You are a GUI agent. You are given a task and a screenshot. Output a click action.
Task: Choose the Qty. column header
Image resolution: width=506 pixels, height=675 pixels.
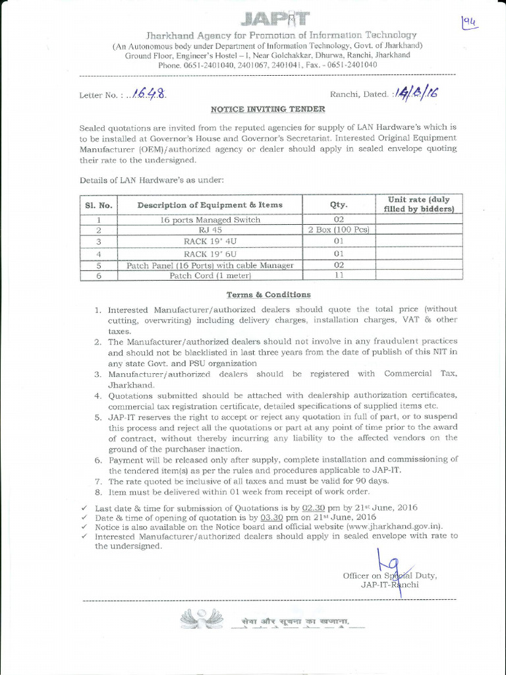click(339, 205)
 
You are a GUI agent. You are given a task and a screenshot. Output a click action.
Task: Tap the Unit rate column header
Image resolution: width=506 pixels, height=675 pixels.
click(418, 204)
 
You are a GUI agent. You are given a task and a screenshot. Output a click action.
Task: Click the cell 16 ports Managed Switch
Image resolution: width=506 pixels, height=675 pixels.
click(210, 220)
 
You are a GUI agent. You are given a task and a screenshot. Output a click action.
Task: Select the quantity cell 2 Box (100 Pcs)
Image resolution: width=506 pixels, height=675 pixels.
click(339, 230)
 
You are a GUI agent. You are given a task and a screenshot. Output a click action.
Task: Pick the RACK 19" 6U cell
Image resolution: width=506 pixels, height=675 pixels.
click(210, 253)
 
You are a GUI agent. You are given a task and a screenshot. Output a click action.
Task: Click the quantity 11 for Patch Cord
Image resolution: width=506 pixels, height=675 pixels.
click(339, 275)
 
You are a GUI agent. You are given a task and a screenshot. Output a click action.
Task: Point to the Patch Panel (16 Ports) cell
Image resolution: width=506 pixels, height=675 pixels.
click(210, 264)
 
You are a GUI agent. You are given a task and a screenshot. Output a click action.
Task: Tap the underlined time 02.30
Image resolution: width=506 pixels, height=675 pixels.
click(314, 508)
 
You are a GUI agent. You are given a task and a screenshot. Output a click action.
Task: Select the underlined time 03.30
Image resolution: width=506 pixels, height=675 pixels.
click(271, 517)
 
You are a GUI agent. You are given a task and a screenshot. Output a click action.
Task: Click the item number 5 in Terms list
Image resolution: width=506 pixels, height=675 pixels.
click(97, 417)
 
